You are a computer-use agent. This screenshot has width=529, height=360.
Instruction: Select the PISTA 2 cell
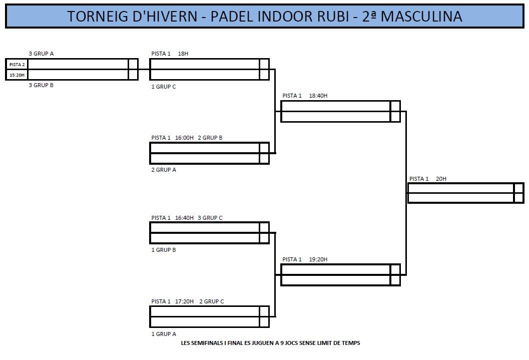point(17,65)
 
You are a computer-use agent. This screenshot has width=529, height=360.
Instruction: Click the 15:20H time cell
point(17,75)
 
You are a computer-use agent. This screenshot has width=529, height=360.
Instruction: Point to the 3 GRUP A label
point(41,54)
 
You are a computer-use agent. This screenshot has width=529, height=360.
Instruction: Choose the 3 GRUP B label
point(41,85)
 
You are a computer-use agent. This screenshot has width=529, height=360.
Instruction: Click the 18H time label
point(183,54)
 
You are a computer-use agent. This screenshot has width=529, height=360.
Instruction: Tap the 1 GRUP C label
point(164,87)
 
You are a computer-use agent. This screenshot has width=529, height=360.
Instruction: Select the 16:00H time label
point(184,138)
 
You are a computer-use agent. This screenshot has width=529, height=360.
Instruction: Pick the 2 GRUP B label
point(210,138)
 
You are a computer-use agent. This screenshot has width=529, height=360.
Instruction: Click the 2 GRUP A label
point(164,170)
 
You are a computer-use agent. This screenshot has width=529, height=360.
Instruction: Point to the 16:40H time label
point(184,218)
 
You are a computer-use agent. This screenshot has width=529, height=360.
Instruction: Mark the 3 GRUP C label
point(210,218)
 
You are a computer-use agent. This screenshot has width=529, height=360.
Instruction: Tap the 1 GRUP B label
point(164,250)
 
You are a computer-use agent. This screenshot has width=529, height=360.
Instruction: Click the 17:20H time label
point(184,301)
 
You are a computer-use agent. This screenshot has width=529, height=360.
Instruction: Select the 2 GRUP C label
point(212,301)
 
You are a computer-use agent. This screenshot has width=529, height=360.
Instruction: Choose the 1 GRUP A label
point(164,334)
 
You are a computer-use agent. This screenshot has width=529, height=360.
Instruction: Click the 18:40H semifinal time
point(318,96)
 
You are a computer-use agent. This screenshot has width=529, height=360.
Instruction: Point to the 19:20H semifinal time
point(318,259)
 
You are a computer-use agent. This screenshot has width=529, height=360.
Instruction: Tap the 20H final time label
point(441,179)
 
